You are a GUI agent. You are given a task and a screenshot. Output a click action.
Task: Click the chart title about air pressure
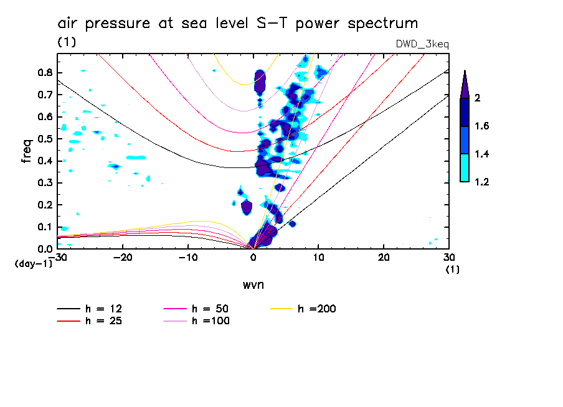click(237, 24)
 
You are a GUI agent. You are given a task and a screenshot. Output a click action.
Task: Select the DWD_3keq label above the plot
click(422, 44)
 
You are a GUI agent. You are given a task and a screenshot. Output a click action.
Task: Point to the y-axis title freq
click(27, 151)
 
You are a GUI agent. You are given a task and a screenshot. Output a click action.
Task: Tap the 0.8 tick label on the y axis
click(45, 72)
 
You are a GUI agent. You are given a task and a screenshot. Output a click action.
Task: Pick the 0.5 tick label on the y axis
click(45, 138)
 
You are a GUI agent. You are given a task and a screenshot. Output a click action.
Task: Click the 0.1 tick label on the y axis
click(45, 227)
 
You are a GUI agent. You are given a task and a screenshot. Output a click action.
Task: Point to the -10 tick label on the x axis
click(188, 258)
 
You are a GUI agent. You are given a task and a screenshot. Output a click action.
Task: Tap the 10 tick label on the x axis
click(318, 258)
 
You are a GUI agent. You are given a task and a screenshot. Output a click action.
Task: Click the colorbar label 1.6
click(482, 126)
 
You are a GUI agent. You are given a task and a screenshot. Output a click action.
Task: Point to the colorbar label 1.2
click(482, 182)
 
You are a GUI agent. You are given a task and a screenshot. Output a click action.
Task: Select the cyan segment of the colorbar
click(465, 168)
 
